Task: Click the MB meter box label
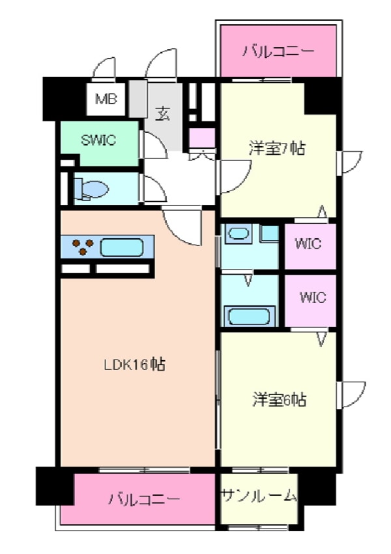click(x=105, y=100)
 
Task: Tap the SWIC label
click(x=99, y=139)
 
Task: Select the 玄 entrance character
click(x=162, y=112)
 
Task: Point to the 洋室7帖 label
click(x=276, y=148)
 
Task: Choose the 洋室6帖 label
click(x=279, y=399)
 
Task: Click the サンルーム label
click(x=259, y=496)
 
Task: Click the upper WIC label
click(x=308, y=245)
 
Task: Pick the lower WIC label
click(x=311, y=298)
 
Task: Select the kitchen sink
click(x=121, y=247)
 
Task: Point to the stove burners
click(x=81, y=247)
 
